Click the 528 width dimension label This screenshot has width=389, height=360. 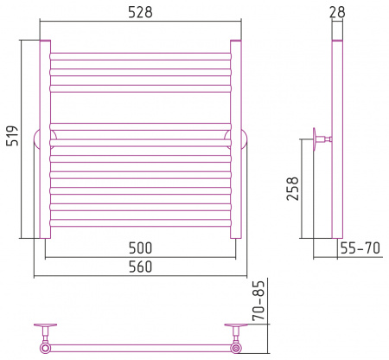pyautogui.click(x=140, y=12)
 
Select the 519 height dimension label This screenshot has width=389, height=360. pyautogui.click(x=12, y=136)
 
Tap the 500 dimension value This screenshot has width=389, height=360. pyautogui.click(x=140, y=247)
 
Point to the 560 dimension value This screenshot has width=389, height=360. pyautogui.click(x=140, y=267)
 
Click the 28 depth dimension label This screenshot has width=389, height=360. pyautogui.click(x=337, y=12)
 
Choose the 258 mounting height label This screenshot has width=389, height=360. pyautogui.click(x=292, y=189)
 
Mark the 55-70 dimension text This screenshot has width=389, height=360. pyautogui.click(x=360, y=247)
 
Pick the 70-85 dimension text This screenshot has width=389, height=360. pyautogui.click(x=258, y=300)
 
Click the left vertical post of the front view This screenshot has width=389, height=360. pyautogui.click(x=45, y=139)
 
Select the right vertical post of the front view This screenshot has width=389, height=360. pyautogui.click(x=236, y=139)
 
